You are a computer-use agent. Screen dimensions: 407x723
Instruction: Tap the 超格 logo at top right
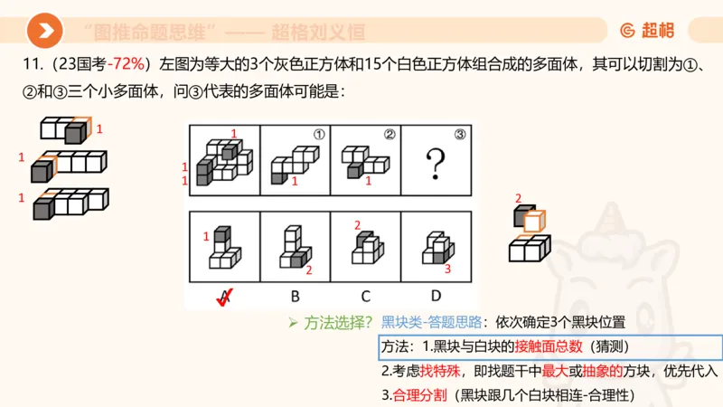coord(647,31)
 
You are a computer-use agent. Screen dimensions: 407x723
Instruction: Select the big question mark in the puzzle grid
coord(437,165)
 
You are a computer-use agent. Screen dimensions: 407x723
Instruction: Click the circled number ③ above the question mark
coord(460,135)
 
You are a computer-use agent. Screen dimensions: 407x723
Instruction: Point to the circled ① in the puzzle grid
coord(318,135)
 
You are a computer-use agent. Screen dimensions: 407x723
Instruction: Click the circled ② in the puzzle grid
coord(390,135)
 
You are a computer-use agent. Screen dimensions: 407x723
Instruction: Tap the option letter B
coord(295,295)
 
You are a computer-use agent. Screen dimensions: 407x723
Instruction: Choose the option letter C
coord(365,295)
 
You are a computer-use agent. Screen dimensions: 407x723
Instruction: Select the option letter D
coord(437,295)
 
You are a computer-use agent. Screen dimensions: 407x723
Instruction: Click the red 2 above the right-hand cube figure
coord(518,198)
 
